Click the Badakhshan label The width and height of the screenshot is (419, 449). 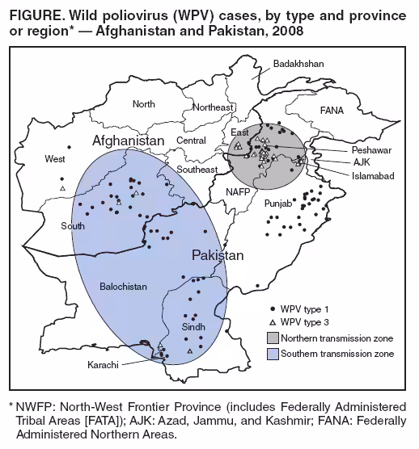pyautogui.click(x=298, y=63)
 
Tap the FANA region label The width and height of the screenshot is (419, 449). pyautogui.click(x=331, y=110)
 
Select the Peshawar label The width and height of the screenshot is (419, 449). pyautogui.click(x=371, y=151)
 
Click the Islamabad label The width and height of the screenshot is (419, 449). pyautogui.click(x=372, y=175)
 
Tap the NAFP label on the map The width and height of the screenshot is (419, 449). pyautogui.click(x=238, y=192)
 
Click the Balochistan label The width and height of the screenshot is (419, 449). pyautogui.click(x=123, y=287)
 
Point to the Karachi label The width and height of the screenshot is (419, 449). pyautogui.click(x=104, y=365)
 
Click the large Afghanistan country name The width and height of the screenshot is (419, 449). pyautogui.click(x=123, y=141)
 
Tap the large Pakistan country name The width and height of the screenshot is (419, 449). pyautogui.click(x=218, y=255)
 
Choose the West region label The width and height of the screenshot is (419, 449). pyautogui.click(x=55, y=159)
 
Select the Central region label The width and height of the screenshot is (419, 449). pyautogui.click(x=192, y=141)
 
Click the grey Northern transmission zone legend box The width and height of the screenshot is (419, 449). pyautogui.click(x=273, y=338)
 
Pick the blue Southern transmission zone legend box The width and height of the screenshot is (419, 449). pyautogui.click(x=273, y=354)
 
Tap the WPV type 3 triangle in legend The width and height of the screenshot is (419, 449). pyautogui.click(x=273, y=322)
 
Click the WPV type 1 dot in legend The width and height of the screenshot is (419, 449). pyautogui.click(x=273, y=309)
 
